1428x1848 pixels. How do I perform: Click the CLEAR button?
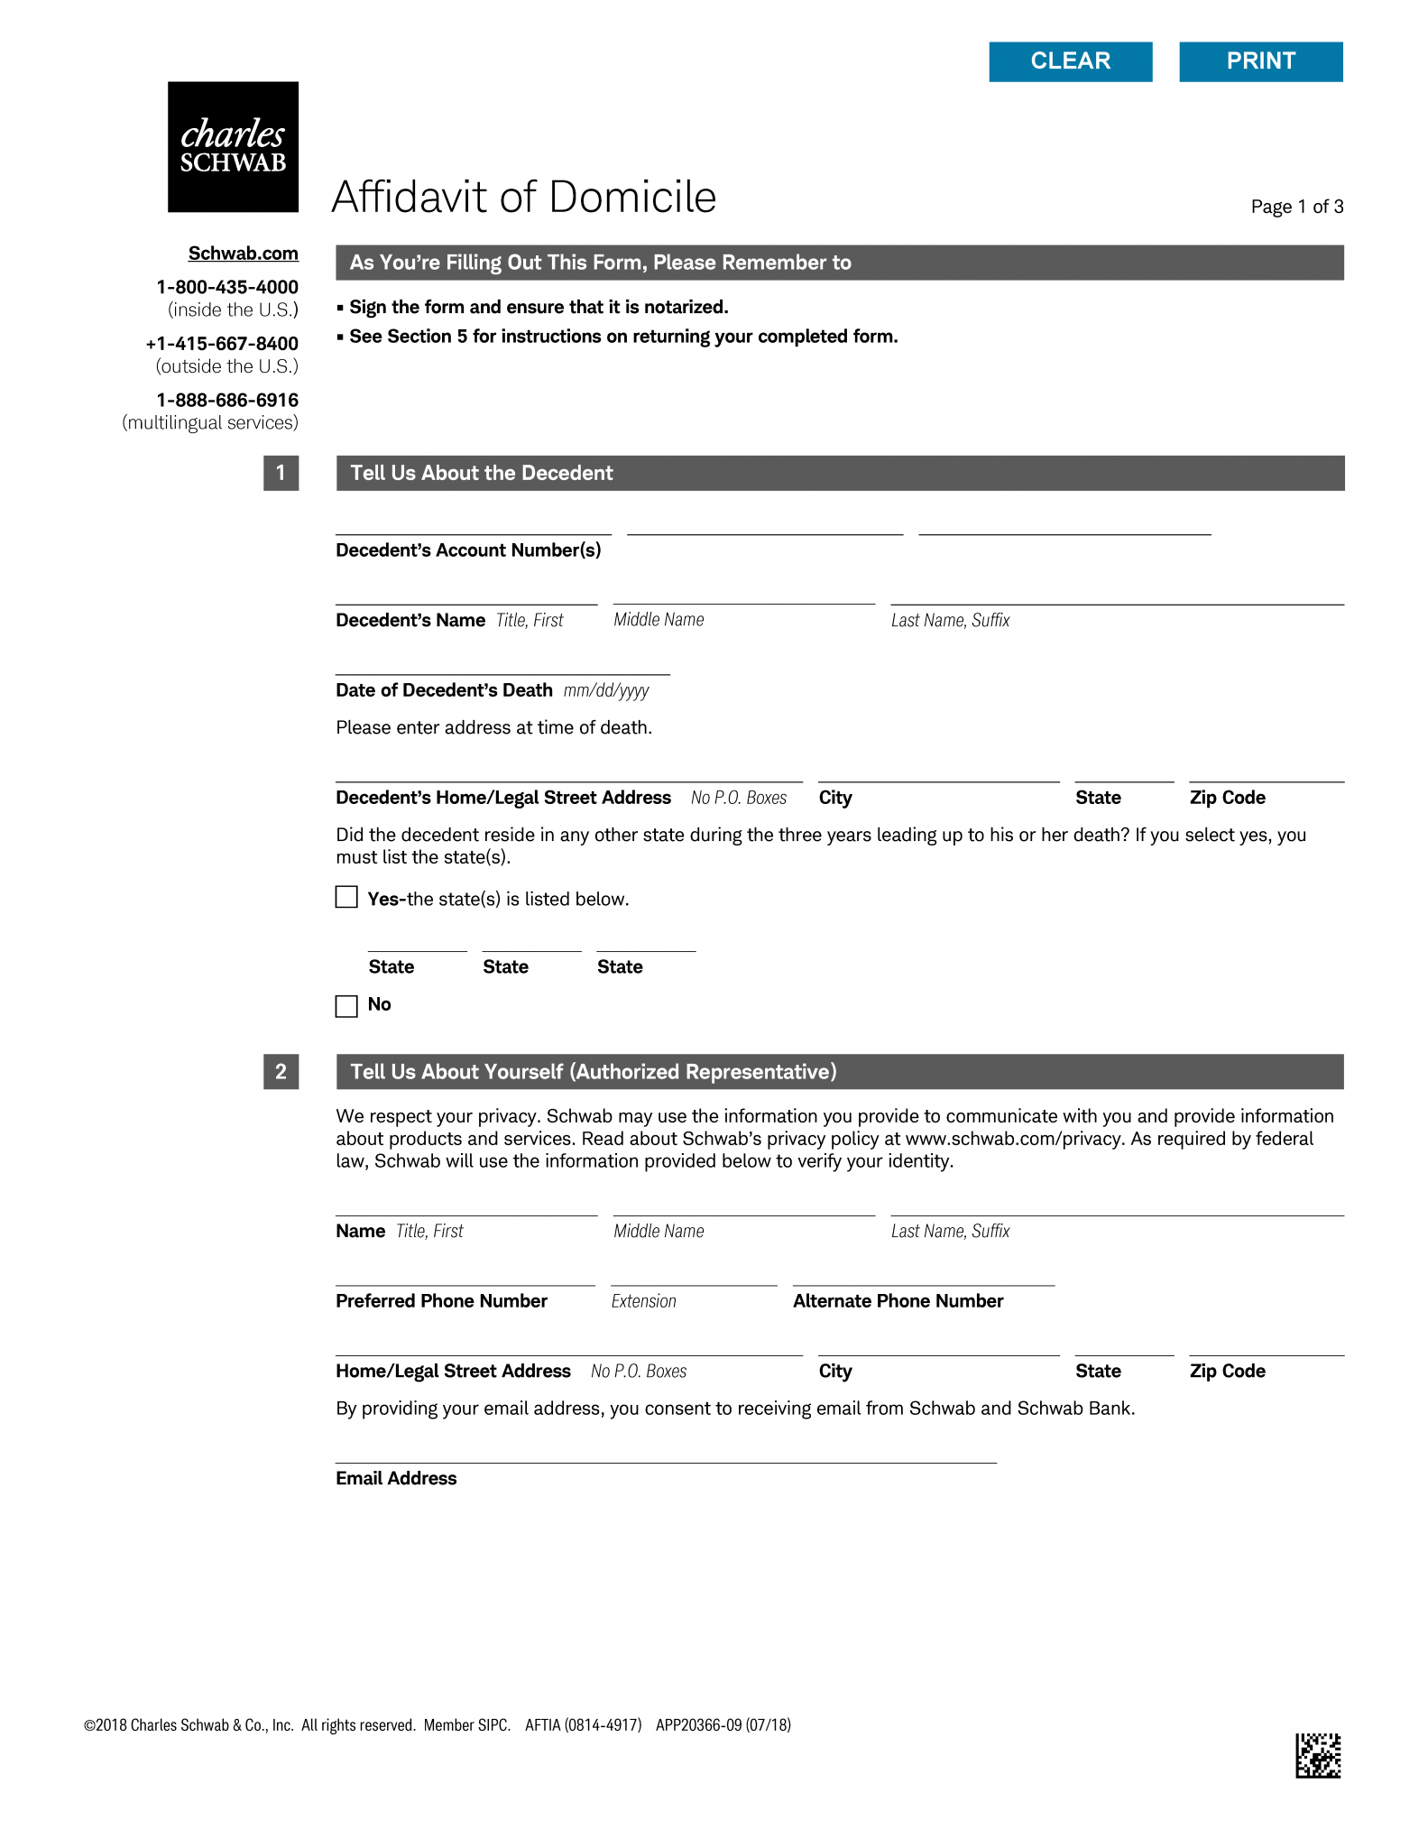1070,61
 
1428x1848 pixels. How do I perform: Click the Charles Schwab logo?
233,147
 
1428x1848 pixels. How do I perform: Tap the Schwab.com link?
243,254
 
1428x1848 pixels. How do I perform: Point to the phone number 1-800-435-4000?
226,287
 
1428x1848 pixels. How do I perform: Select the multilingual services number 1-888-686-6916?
226,400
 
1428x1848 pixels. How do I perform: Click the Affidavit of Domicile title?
523,197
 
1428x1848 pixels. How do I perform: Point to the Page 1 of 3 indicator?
1296,207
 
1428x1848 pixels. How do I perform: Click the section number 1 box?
281,473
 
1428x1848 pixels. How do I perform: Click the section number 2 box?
281,1072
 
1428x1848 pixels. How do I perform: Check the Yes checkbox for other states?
346,897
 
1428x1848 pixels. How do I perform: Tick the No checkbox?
346,1005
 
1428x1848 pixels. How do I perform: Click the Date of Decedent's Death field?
502,663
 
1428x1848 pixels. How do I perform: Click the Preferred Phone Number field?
465,1274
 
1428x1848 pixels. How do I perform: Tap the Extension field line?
693,1274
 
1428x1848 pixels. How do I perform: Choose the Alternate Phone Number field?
923,1274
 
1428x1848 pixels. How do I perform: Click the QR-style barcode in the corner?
1318,1755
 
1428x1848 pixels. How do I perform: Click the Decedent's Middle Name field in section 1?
743,593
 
